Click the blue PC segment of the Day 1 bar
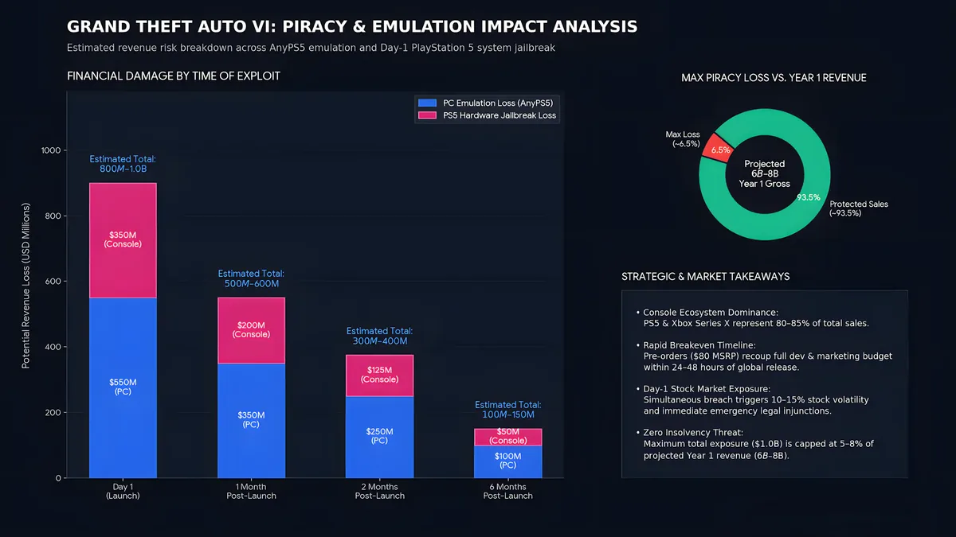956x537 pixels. click(x=123, y=387)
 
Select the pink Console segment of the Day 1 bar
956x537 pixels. click(x=123, y=240)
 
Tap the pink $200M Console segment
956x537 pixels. click(x=252, y=330)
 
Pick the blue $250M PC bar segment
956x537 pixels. click(x=379, y=437)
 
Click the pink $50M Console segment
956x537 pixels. click(x=508, y=437)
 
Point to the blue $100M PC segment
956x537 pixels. click(x=508, y=461)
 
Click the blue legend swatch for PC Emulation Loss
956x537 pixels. click(x=427, y=103)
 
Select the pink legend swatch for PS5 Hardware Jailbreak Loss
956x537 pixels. click(x=427, y=115)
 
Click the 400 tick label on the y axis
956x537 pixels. click(x=53, y=347)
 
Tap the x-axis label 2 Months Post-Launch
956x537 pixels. click(x=379, y=491)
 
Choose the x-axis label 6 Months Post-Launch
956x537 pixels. click(x=508, y=491)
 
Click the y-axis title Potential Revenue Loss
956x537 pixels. click(x=26, y=286)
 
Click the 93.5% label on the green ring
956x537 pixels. click(x=809, y=197)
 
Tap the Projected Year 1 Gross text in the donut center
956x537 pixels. click(x=764, y=174)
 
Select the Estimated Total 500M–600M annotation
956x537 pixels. click(x=251, y=278)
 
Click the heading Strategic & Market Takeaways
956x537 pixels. click(x=706, y=277)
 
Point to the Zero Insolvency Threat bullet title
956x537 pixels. click(x=693, y=433)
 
